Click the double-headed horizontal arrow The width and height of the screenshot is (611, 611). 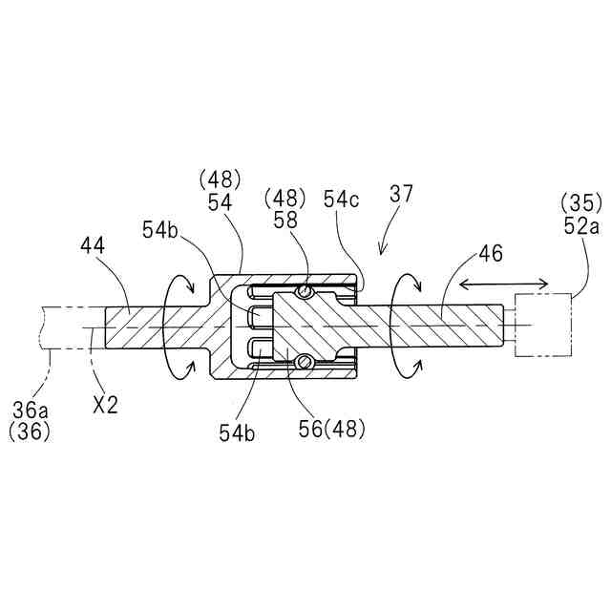[x=504, y=284]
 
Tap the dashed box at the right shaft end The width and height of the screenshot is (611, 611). [x=542, y=327]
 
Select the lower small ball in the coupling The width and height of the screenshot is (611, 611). [x=305, y=361]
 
